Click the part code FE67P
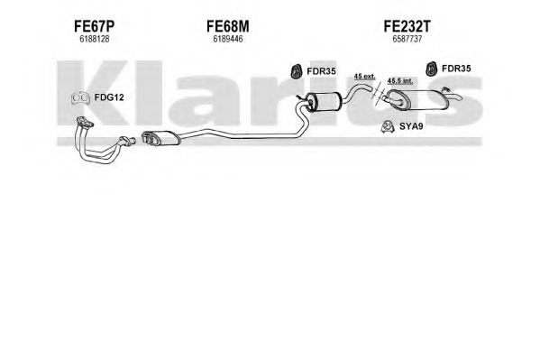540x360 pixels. click(x=94, y=26)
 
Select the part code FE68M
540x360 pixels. click(x=228, y=26)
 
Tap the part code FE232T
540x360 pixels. click(x=407, y=26)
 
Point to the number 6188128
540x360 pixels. click(x=94, y=40)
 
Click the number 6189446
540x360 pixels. click(x=228, y=40)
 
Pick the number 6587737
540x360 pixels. click(x=407, y=40)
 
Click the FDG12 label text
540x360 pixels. click(x=109, y=97)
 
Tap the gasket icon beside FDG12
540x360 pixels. click(x=80, y=98)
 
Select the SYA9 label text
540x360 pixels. click(x=411, y=126)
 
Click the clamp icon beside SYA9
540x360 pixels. click(x=389, y=127)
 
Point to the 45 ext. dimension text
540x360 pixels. click(x=365, y=76)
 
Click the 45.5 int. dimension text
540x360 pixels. click(x=400, y=81)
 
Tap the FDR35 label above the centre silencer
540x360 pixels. click(x=321, y=71)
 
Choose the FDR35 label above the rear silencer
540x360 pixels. click(x=456, y=69)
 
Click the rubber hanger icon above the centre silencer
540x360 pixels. click(x=295, y=71)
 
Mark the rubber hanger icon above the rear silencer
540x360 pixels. click(x=430, y=69)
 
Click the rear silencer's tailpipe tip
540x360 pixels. click(x=460, y=98)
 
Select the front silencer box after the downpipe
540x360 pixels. click(x=160, y=138)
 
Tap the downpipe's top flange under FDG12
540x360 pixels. click(x=85, y=122)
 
